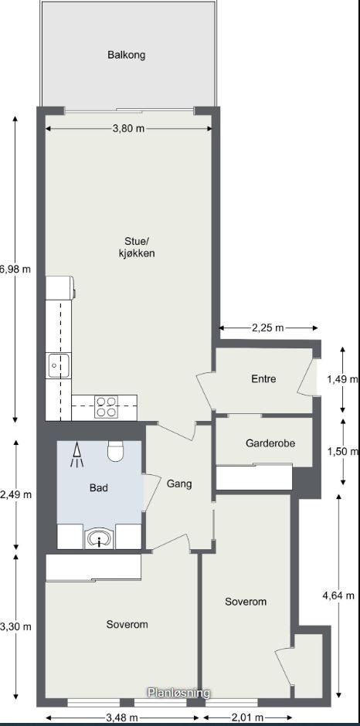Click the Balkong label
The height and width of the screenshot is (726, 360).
point(127,55)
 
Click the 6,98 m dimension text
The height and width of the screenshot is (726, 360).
point(15,270)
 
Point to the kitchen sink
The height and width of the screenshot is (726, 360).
point(59,365)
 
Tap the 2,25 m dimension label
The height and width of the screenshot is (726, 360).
point(268,328)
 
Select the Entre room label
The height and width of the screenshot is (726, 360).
point(263,379)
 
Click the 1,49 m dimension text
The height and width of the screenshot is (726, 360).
point(342,379)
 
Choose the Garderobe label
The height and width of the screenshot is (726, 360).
point(270,443)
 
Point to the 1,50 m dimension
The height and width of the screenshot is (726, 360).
point(342,452)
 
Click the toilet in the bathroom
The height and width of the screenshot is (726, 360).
point(116,450)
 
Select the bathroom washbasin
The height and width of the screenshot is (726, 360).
point(99,538)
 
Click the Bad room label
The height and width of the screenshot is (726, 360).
point(98,488)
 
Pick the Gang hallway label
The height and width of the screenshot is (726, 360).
point(178,484)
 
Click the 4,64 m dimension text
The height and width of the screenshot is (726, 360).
point(338,595)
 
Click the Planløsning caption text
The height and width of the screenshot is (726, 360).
point(179,694)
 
